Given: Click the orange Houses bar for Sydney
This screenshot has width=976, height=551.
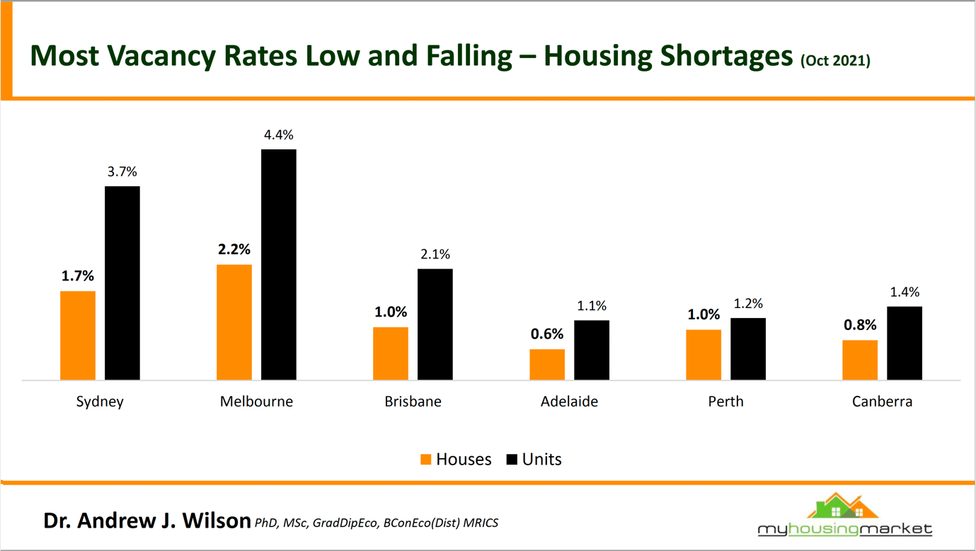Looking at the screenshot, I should pyautogui.click(x=78, y=335).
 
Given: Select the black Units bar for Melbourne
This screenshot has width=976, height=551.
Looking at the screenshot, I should pyautogui.click(x=279, y=264).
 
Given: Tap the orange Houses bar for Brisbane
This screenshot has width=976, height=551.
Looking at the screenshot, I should pyautogui.click(x=391, y=353).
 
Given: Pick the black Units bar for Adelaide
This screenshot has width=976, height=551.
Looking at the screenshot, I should pyautogui.click(x=592, y=350).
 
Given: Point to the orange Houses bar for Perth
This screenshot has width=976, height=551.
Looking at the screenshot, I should pyautogui.click(x=704, y=355).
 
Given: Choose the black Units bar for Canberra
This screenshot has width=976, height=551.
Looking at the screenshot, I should pyautogui.click(x=905, y=343).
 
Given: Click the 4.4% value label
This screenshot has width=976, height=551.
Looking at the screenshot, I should pyautogui.click(x=279, y=135).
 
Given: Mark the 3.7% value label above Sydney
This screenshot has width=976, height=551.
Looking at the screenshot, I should pyautogui.click(x=122, y=171).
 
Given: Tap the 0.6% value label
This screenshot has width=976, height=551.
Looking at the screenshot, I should pyautogui.click(x=547, y=334).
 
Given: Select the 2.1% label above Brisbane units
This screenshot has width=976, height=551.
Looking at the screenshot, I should pyautogui.click(x=435, y=254).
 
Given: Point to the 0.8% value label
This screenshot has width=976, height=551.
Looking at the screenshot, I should pyautogui.click(x=860, y=325).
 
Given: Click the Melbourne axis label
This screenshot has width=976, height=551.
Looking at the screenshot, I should pyautogui.click(x=256, y=402).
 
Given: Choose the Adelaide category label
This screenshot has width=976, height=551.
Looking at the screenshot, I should pyautogui.click(x=569, y=402).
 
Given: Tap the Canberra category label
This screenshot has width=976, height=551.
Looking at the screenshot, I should pyautogui.click(x=882, y=402).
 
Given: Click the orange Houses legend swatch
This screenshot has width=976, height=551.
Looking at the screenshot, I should pyautogui.click(x=426, y=460).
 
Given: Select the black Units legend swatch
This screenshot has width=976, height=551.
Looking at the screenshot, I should pyautogui.click(x=512, y=460).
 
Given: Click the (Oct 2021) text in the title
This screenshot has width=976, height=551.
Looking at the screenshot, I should pyautogui.click(x=835, y=61).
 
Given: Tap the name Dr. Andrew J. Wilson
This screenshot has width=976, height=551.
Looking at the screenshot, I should pyautogui.click(x=147, y=521).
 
